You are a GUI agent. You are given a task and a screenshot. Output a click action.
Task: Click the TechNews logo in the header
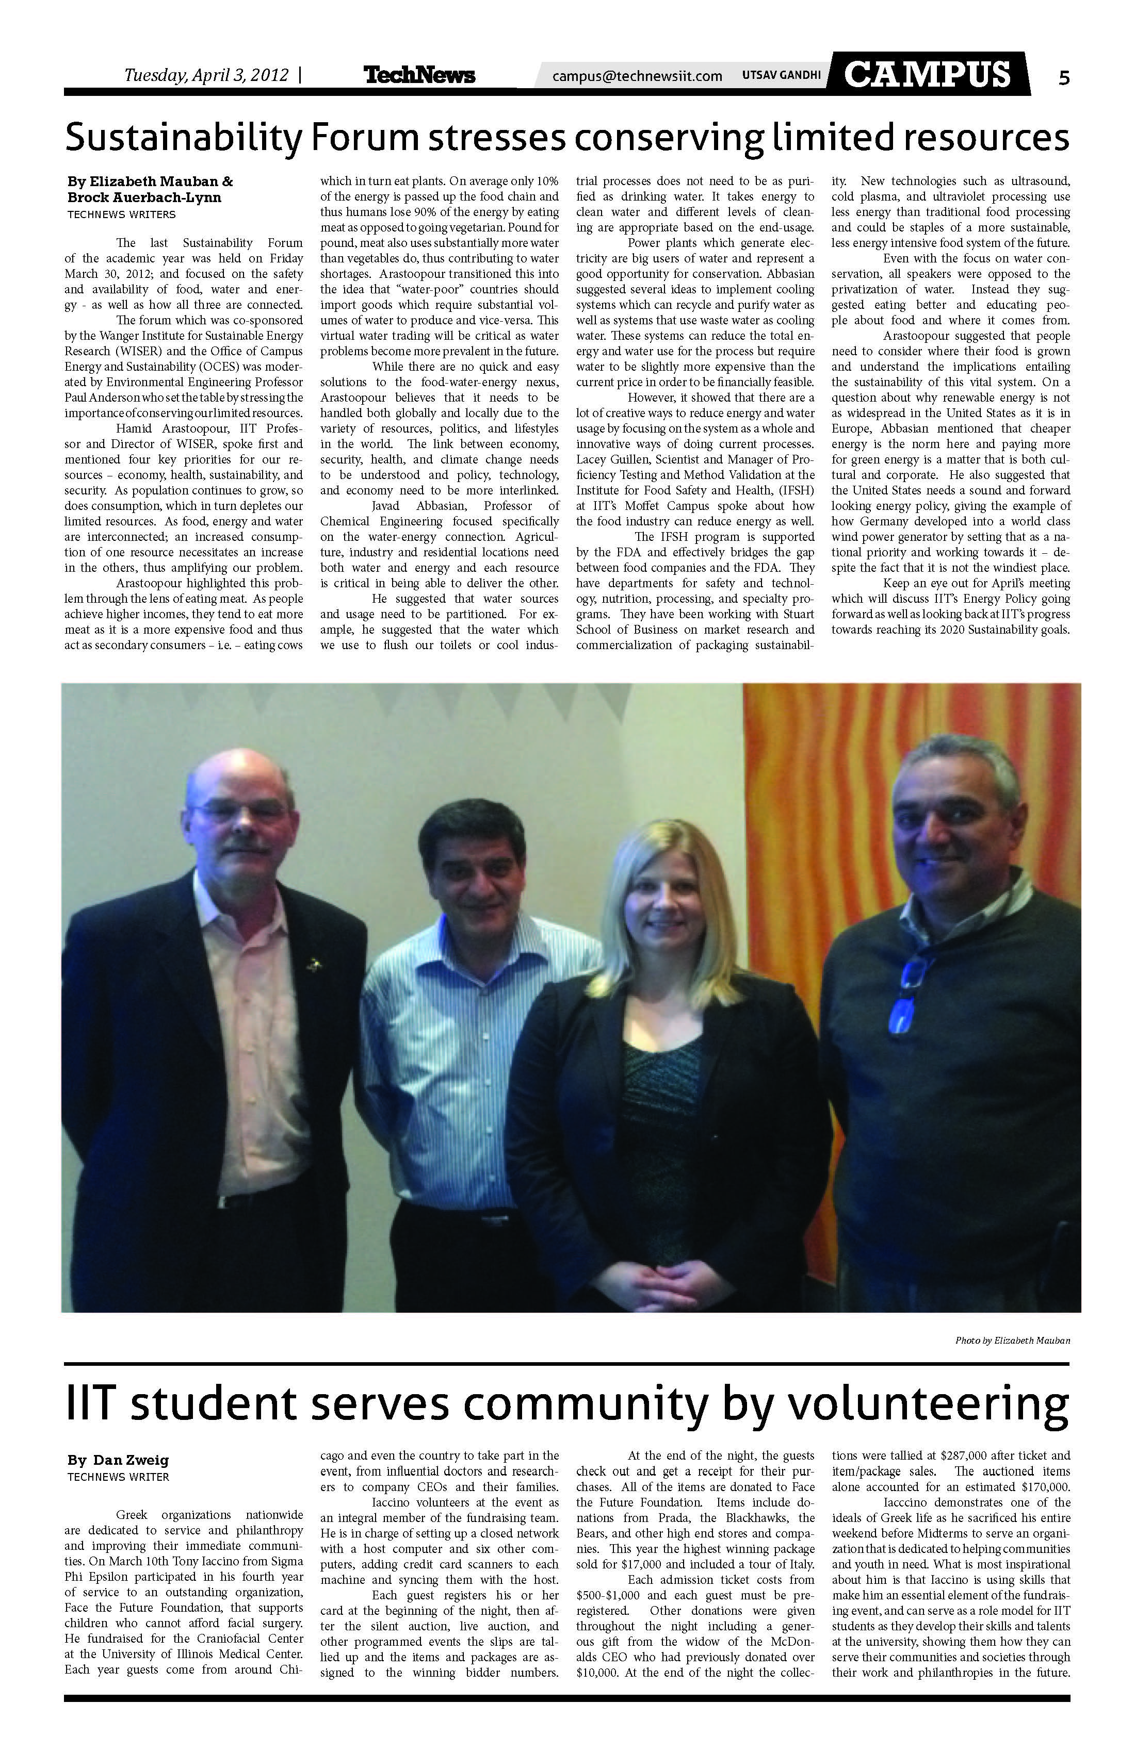coord(419,75)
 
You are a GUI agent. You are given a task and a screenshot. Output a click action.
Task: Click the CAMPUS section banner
coord(927,74)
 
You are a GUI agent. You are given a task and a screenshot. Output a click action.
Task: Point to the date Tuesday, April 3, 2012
coord(206,75)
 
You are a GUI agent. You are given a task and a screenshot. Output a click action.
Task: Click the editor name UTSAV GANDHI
coord(781,75)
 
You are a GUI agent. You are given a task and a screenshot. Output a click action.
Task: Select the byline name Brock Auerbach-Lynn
coord(144,197)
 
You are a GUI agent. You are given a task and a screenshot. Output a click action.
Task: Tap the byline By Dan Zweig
coord(118,1460)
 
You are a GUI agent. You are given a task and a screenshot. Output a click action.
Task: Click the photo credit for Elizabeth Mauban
coord(1012,1341)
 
